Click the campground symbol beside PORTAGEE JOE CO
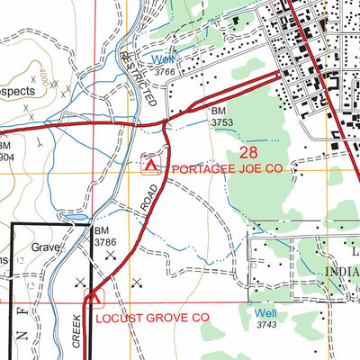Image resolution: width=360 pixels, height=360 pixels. [151, 166]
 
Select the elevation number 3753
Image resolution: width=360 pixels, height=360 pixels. [223, 121]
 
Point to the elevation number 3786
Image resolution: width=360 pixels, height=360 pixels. [106, 241]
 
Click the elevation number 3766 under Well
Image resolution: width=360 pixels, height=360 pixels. [163, 73]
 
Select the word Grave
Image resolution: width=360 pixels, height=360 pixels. [45, 245]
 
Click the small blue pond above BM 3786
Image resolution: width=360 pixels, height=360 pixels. [79, 217]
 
